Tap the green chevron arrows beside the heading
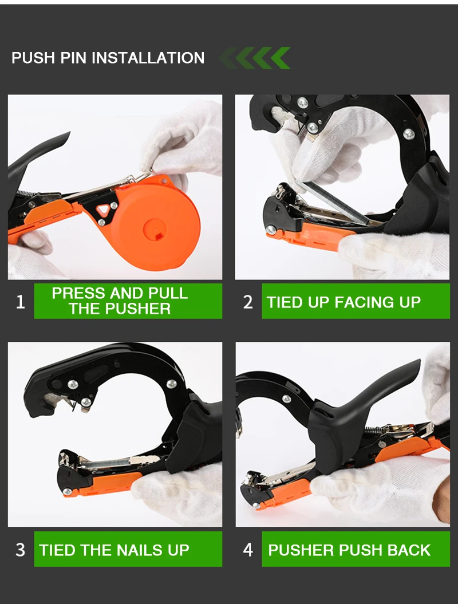(255, 58)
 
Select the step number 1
(21, 302)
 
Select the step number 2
(248, 302)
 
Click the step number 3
(21, 550)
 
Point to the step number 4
(248, 550)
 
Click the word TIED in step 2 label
(284, 302)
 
